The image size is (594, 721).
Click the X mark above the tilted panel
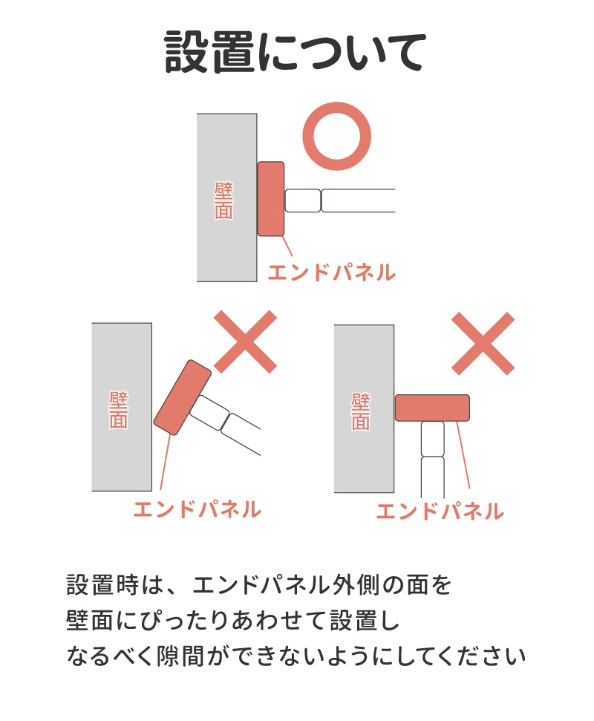click(x=246, y=342)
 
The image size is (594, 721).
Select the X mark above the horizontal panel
click(x=483, y=344)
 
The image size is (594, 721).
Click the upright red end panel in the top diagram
click(x=271, y=199)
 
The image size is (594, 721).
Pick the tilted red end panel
click(x=183, y=397)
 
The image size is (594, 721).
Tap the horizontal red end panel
click(x=432, y=408)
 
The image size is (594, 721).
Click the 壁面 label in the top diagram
click(x=224, y=200)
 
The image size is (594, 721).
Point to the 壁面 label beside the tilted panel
click(x=118, y=410)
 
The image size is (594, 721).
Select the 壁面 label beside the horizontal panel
click(x=360, y=411)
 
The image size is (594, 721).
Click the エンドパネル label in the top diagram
click(x=331, y=273)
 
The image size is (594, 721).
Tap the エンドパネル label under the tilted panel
click(x=198, y=509)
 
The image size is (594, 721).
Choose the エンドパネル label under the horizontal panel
click(x=440, y=512)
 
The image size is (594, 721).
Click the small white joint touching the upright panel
click(x=302, y=200)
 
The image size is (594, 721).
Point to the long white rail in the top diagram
click(x=358, y=200)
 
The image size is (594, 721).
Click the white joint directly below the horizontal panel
click(x=433, y=439)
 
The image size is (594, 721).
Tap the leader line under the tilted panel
click(x=166, y=462)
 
